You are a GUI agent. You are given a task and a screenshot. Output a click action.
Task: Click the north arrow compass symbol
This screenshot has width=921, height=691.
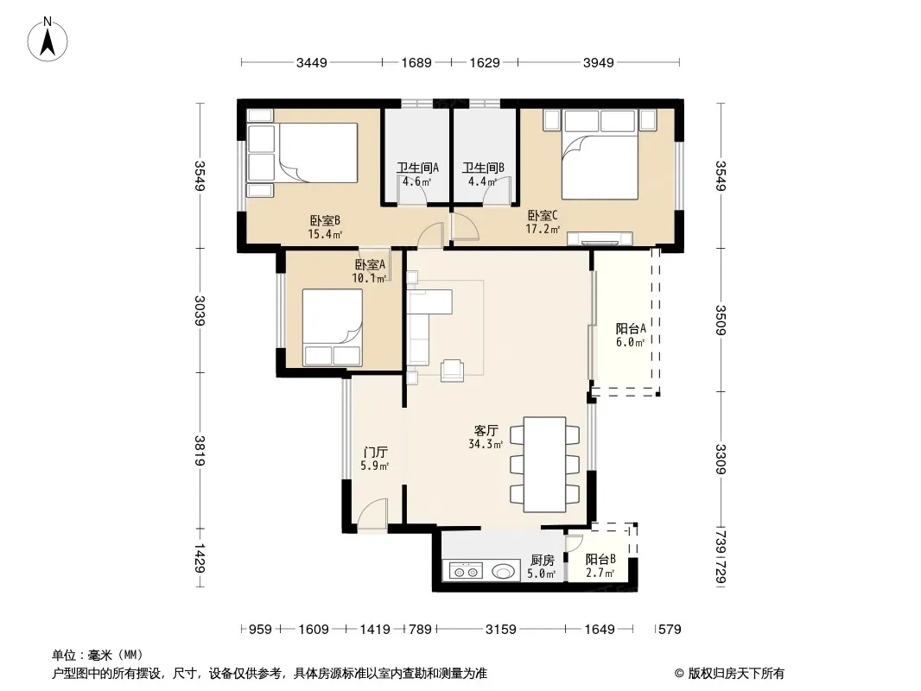(x=48, y=40)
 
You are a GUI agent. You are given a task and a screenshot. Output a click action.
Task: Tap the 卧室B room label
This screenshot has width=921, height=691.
(x=325, y=221)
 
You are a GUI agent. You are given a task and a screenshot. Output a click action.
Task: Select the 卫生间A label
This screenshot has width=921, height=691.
(x=417, y=168)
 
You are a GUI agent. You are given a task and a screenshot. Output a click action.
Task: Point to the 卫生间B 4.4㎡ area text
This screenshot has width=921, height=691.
(x=482, y=181)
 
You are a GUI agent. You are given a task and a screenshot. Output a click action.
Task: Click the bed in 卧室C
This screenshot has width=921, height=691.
(x=600, y=155)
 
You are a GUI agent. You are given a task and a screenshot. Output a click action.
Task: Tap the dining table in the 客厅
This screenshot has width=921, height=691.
(x=544, y=465)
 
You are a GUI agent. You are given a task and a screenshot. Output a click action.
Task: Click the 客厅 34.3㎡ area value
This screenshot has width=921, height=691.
(x=486, y=445)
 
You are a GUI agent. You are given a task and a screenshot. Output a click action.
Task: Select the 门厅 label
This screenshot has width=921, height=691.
(x=375, y=453)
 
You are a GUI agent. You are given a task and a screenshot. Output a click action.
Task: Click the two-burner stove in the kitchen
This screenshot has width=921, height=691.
(x=466, y=571)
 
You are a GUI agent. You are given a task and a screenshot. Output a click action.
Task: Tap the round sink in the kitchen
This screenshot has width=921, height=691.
(x=503, y=571)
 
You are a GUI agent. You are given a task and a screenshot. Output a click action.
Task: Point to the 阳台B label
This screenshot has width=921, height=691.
(x=600, y=560)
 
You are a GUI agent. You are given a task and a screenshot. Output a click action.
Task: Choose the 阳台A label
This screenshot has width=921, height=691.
(x=631, y=329)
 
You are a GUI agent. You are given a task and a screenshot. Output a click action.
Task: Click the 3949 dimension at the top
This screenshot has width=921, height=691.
(x=599, y=62)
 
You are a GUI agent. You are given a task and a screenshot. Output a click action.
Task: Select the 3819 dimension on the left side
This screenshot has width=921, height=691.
(x=200, y=450)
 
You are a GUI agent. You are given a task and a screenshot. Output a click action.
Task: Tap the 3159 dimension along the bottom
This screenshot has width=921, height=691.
(x=500, y=630)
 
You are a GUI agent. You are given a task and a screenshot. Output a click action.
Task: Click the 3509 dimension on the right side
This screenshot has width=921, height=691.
(x=721, y=320)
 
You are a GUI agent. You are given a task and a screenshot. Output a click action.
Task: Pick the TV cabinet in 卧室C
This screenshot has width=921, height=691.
(x=600, y=238)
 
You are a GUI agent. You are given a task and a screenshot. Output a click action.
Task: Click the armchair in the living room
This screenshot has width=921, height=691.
(x=452, y=370)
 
